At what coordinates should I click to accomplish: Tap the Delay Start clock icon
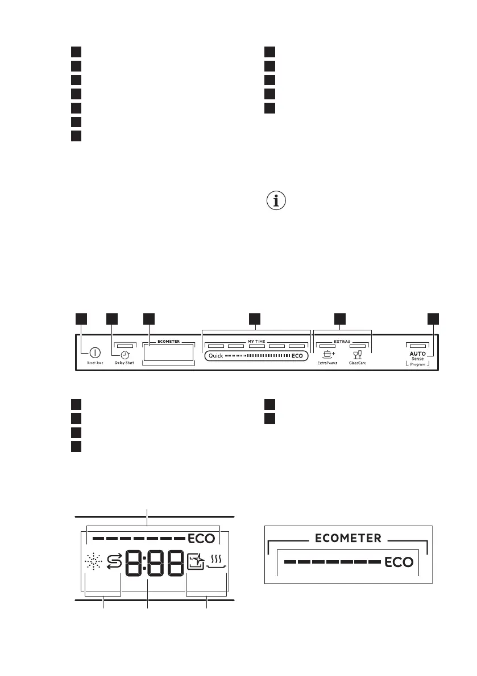coord(124,352)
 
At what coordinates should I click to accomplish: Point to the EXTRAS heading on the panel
coord(342,342)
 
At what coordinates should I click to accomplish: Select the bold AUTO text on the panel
coord(417,353)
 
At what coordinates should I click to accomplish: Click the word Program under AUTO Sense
coord(417,364)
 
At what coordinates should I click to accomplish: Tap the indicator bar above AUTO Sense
coord(417,345)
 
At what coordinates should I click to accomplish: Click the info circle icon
coord(276,201)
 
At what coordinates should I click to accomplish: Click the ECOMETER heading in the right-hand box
coord(349,538)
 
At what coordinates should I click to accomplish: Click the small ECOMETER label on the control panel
coord(168,342)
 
